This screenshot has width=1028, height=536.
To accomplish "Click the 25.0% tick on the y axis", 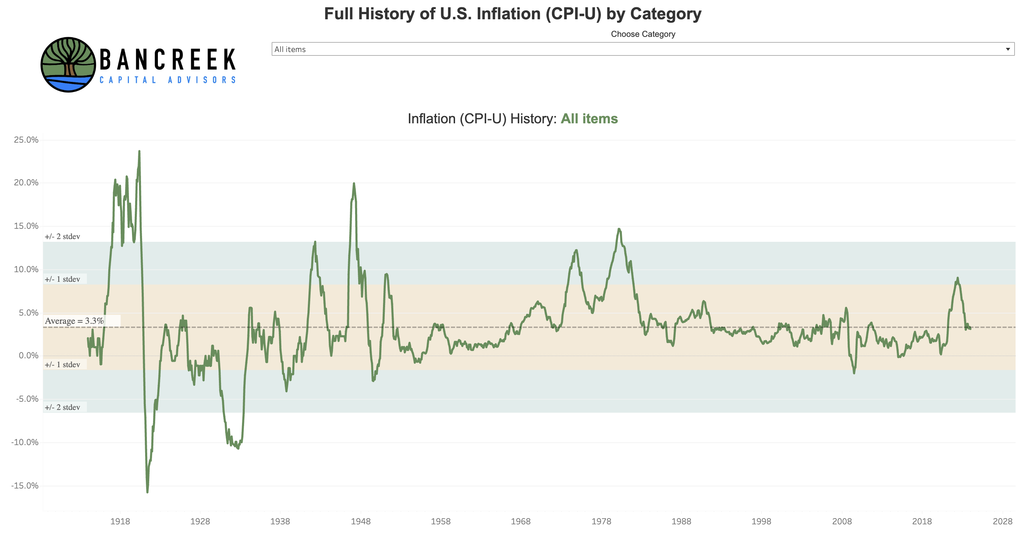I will point(26,140).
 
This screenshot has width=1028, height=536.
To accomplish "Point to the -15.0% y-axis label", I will point(25,486).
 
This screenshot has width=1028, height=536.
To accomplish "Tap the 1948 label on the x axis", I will point(360,521).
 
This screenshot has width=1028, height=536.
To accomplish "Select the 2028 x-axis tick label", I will point(1002,521).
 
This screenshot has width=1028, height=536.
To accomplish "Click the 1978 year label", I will point(601,521).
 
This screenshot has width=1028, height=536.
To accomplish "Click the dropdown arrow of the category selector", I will point(1007,49).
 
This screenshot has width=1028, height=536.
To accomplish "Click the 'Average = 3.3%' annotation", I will point(74,321).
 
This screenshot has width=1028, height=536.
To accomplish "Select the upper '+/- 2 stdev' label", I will point(62,237).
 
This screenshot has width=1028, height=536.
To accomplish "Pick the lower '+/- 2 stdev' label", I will point(62,407).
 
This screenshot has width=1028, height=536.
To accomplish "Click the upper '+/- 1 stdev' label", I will point(62,279).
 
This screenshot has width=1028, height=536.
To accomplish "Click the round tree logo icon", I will point(68,65).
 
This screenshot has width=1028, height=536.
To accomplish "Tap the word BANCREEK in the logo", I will point(168,60).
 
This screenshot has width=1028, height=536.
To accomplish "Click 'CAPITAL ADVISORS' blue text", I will point(168,80).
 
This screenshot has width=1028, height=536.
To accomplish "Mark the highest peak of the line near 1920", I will point(139,151).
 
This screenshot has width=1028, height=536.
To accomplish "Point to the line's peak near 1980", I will point(618,229).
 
